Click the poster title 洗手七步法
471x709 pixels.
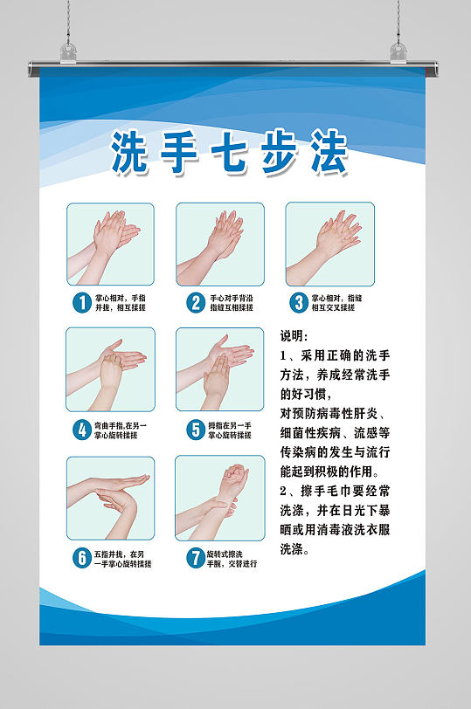coord(230,155)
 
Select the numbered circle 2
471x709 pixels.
coord(194,303)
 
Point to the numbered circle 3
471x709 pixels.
coord(300,302)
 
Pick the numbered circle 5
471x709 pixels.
coord(194,430)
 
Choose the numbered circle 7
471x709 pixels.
coord(194,559)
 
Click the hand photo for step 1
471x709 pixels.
coord(110,244)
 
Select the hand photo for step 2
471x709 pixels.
coord(220,244)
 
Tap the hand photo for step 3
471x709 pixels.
coord(330,244)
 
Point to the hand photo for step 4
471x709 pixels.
coord(110,369)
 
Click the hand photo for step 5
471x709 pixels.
coord(220,369)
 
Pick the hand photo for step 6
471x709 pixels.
coord(110,499)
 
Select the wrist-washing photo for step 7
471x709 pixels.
coord(220,499)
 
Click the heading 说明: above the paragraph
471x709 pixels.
coord(294,336)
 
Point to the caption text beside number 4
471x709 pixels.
coord(121,430)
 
